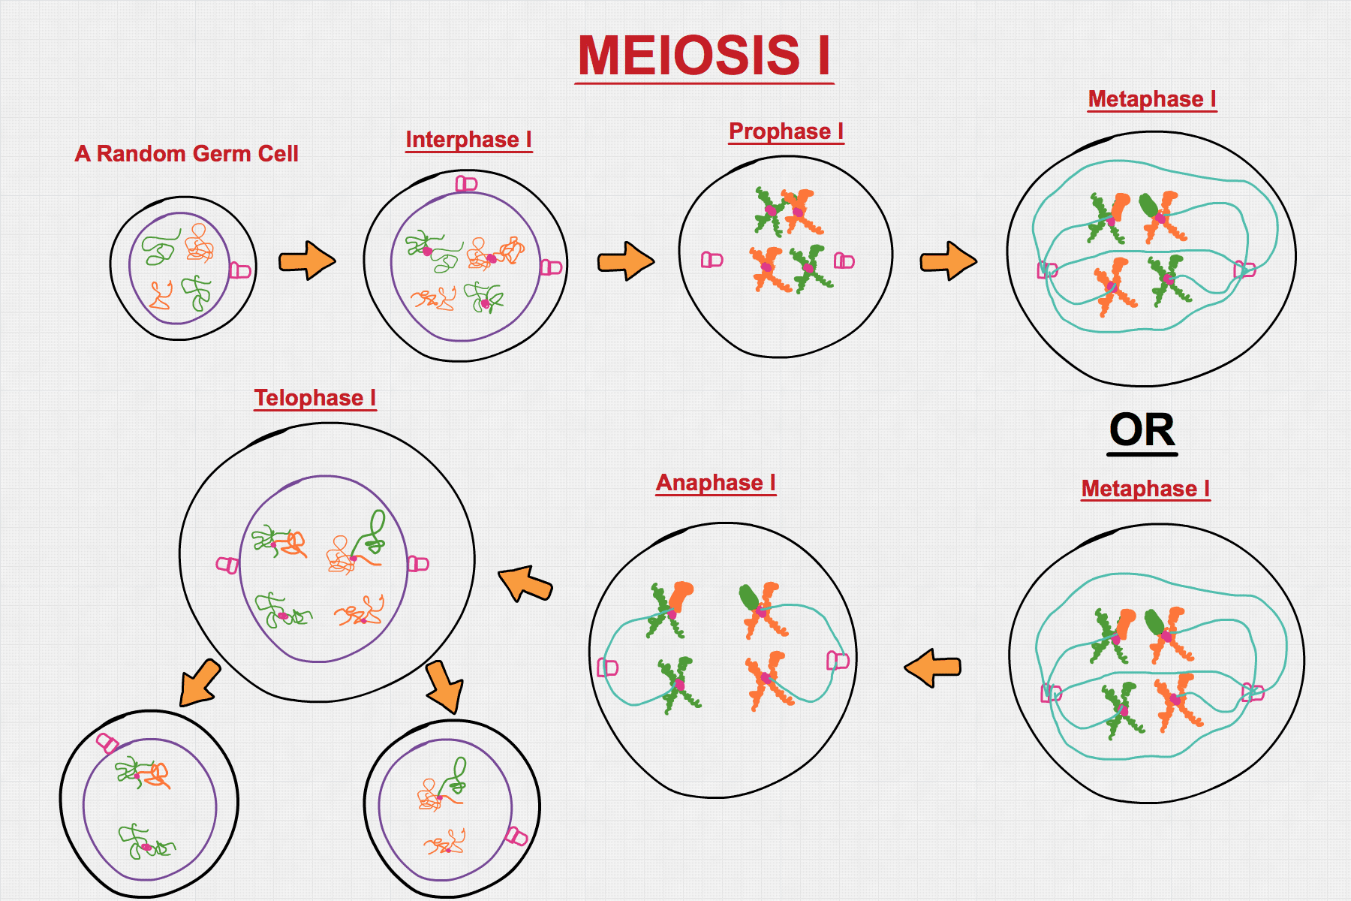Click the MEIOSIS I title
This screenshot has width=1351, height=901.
coord(704,56)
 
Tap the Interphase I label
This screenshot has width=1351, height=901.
coord(468,140)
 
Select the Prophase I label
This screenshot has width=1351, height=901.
coord(786,131)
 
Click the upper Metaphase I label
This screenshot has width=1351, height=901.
coord(1151,99)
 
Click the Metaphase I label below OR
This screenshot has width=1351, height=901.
coord(1145,489)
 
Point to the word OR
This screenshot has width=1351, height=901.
coord(1142,431)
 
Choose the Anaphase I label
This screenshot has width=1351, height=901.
coord(715,483)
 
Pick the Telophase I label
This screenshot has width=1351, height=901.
coord(314,398)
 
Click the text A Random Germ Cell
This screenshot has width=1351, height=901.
coord(186,154)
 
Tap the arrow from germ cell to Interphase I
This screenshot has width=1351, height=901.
coord(307,261)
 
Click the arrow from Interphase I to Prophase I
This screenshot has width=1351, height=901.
coord(625,261)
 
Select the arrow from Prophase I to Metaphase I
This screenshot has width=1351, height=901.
coord(948,261)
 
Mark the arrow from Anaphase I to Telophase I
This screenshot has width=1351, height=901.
coord(525,583)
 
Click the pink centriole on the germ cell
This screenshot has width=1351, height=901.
coord(239,270)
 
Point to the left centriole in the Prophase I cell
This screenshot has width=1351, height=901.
coord(712,260)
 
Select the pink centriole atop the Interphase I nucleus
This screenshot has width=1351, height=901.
coord(466,183)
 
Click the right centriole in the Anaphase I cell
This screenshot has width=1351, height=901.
coord(837,660)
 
